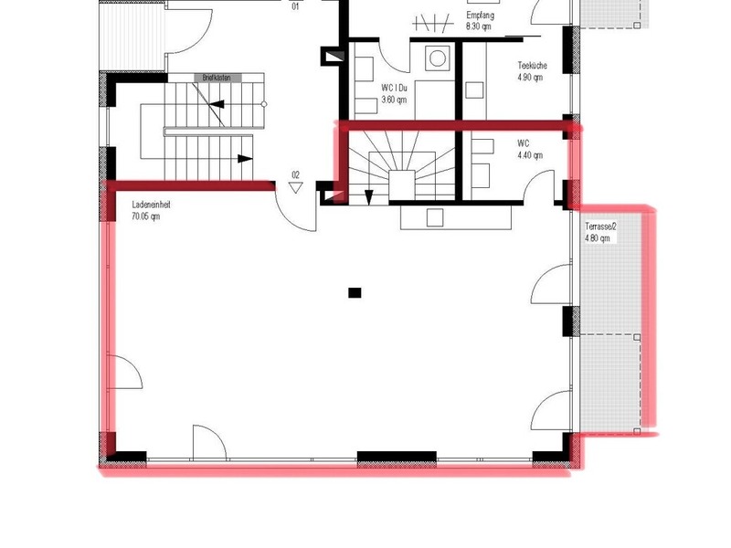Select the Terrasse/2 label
[601, 227]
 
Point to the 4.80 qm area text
[599, 238]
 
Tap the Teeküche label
[532, 67]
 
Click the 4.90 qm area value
[530, 78]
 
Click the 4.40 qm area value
[530, 155]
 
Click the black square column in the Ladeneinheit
[355, 293]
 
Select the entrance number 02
[295, 174]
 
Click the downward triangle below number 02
[295, 187]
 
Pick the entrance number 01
[295, 6]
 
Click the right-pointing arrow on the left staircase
[245, 159]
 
